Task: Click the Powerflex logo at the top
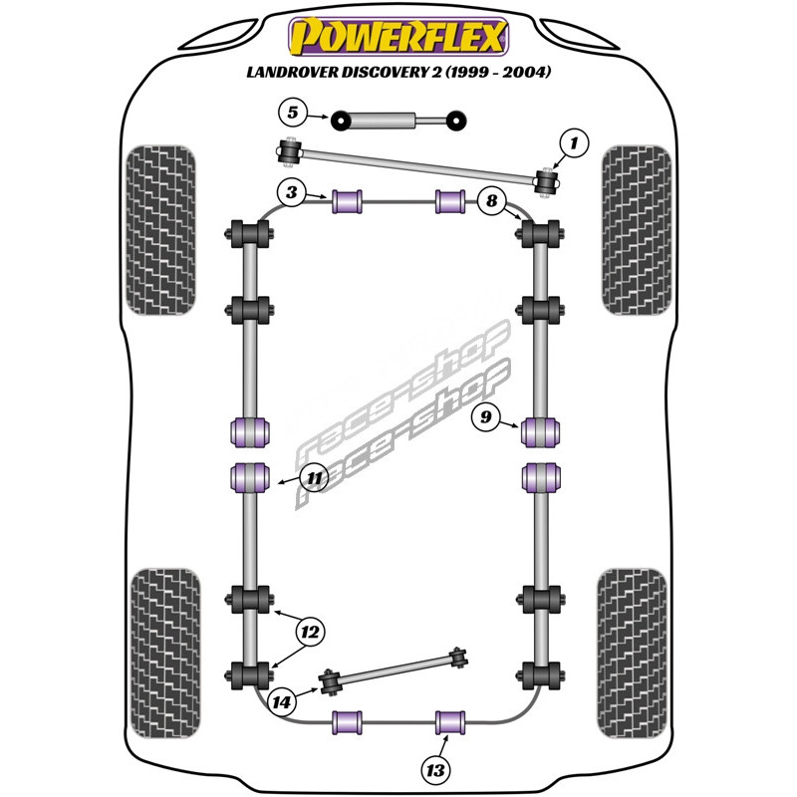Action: tap(398, 36)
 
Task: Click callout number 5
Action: tap(293, 113)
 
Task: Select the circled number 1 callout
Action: tap(575, 143)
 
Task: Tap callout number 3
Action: tap(292, 192)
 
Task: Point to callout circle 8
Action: tap(491, 200)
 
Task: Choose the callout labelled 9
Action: tap(486, 416)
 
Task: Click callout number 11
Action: tap(315, 478)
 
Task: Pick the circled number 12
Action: tap(310, 633)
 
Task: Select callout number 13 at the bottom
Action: tap(436, 770)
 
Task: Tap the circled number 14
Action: tap(281, 702)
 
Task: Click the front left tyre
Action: tap(160, 230)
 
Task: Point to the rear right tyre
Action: tap(632, 654)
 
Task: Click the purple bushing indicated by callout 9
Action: tap(541, 432)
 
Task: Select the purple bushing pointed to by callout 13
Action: tap(450, 723)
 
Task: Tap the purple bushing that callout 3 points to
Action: tap(347, 201)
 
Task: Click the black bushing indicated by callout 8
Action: tap(540, 234)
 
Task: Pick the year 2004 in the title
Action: tap(527, 72)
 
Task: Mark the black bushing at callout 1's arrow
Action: tap(547, 181)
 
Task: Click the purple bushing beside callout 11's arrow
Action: tap(250, 478)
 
